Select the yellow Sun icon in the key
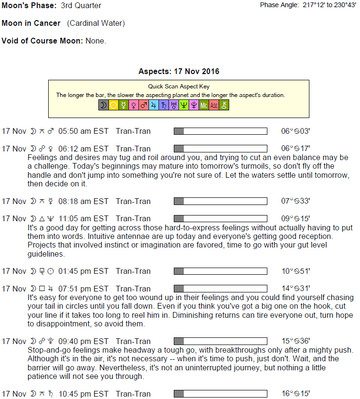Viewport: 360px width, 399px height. tap(113, 105)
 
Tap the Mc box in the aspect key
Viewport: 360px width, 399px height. tap(204, 105)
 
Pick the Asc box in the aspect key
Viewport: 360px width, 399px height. tap(214, 105)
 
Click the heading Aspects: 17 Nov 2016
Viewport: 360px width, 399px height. tap(179, 72)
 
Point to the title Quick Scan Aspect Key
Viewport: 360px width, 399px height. tap(179, 87)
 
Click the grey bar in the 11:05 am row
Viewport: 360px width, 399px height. tap(179, 218)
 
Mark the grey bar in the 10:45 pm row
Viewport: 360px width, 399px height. tap(179, 394)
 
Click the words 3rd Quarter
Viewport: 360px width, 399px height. tap(81, 6)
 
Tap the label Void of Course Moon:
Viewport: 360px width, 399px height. tap(42, 41)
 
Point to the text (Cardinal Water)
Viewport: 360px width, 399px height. tap(96, 23)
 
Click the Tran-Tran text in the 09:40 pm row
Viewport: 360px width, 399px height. tap(133, 341)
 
